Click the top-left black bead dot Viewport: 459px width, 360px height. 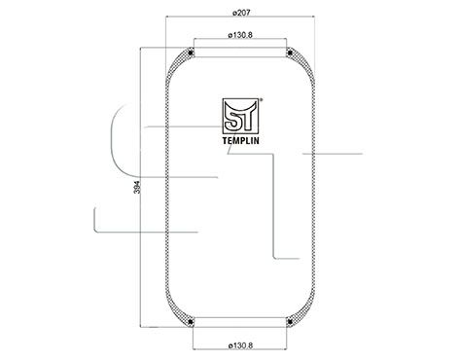[x=194, y=53]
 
